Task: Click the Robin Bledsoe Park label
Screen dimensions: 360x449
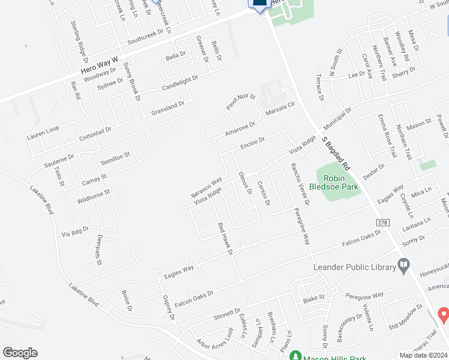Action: pyautogui.click(x=340, y=182)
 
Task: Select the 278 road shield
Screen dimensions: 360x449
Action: pyautogui.click(x=384, y=223)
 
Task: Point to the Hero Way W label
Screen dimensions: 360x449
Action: pyautogui.click(x=101, y=58)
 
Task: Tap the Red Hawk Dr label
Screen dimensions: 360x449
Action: pyautogui.click(x=225, y=239)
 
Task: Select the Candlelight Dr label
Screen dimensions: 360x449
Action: pyautogui.click(x=179, y=83)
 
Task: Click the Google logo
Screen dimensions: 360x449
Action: pyautogui.click(x=20, y=353)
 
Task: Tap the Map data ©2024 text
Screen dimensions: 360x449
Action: pyautogui.click(x=423, y=355)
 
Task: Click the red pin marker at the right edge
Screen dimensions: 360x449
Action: pyautogui.click(x=444, y=314)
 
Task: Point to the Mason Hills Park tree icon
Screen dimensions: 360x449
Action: pyautogui.click(x=295, y=356)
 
